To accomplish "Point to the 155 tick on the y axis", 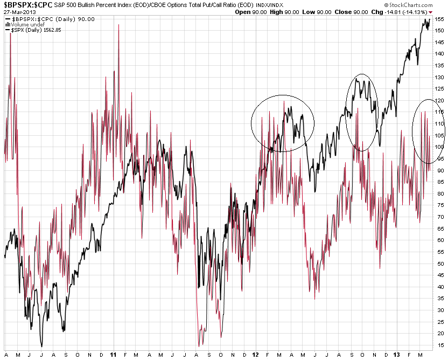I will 439,19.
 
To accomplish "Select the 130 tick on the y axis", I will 439,77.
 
